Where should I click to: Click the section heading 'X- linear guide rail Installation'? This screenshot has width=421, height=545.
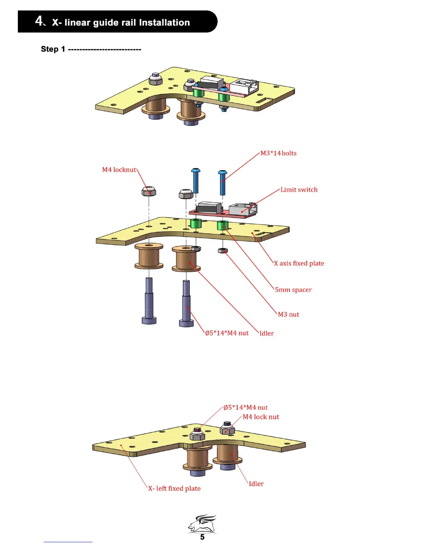(121, 23)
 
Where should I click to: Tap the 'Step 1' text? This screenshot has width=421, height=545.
(53, 49)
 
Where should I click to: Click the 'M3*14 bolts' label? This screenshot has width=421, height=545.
(278, 153)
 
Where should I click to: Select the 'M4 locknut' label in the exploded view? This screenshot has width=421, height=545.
(119, 170)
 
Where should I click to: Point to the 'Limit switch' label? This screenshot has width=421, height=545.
(299, 190)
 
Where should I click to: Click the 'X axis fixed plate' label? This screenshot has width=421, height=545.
(299, 264)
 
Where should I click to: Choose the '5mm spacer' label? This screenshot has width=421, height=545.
(293, 290)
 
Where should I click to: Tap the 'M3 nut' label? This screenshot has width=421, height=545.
(288, 314)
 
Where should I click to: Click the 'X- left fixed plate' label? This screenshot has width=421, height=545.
(174, 489)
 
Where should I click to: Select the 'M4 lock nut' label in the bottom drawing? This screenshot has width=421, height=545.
(261, 417)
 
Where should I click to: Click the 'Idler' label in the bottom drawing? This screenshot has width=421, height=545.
(256, 484)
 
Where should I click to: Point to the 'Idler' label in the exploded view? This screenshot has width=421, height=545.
(267, 333)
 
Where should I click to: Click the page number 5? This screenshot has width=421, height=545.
(202, 537)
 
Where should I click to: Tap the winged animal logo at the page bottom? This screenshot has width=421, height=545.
(202, 523)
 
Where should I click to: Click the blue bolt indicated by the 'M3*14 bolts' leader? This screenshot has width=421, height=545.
(223, 182)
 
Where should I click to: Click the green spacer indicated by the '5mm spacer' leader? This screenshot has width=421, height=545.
(223, 226)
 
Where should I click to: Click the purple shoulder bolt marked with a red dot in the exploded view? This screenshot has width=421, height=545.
(186, 303)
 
